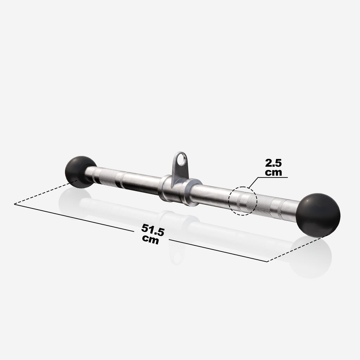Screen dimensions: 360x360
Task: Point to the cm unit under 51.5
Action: click(x=150, y=239)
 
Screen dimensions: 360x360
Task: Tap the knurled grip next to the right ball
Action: click(x=267, y=206)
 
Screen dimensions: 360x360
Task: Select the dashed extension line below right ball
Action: click(x=295, y=250)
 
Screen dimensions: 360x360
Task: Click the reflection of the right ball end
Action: click(x=311, y=258)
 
